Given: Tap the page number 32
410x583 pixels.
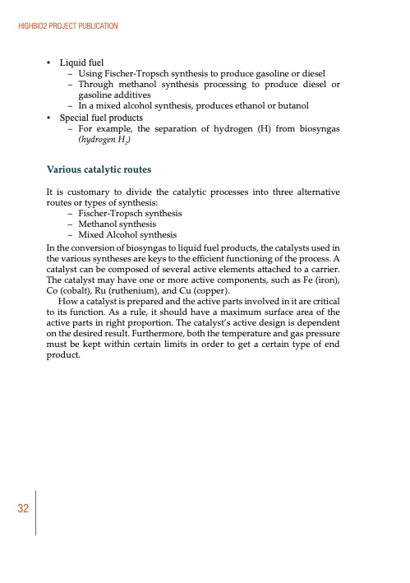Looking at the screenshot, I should pos(22,508).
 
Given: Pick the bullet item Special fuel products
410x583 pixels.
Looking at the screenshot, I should pos(100,118).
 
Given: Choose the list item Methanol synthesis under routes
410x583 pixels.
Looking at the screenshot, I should pos(117,224).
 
